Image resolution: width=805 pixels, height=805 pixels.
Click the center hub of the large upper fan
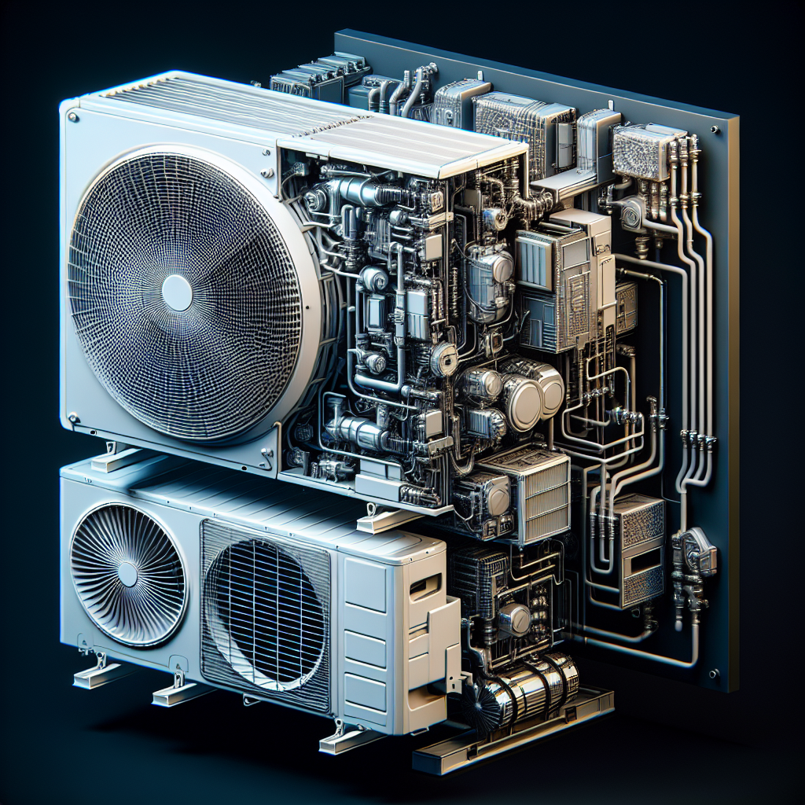pyautogui.click(x=176, y=292)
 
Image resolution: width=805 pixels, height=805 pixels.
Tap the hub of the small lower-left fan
pyautogui.click(x=127, y=574)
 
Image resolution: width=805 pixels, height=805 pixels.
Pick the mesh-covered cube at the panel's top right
pyautogui.click(x=639, y=151)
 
